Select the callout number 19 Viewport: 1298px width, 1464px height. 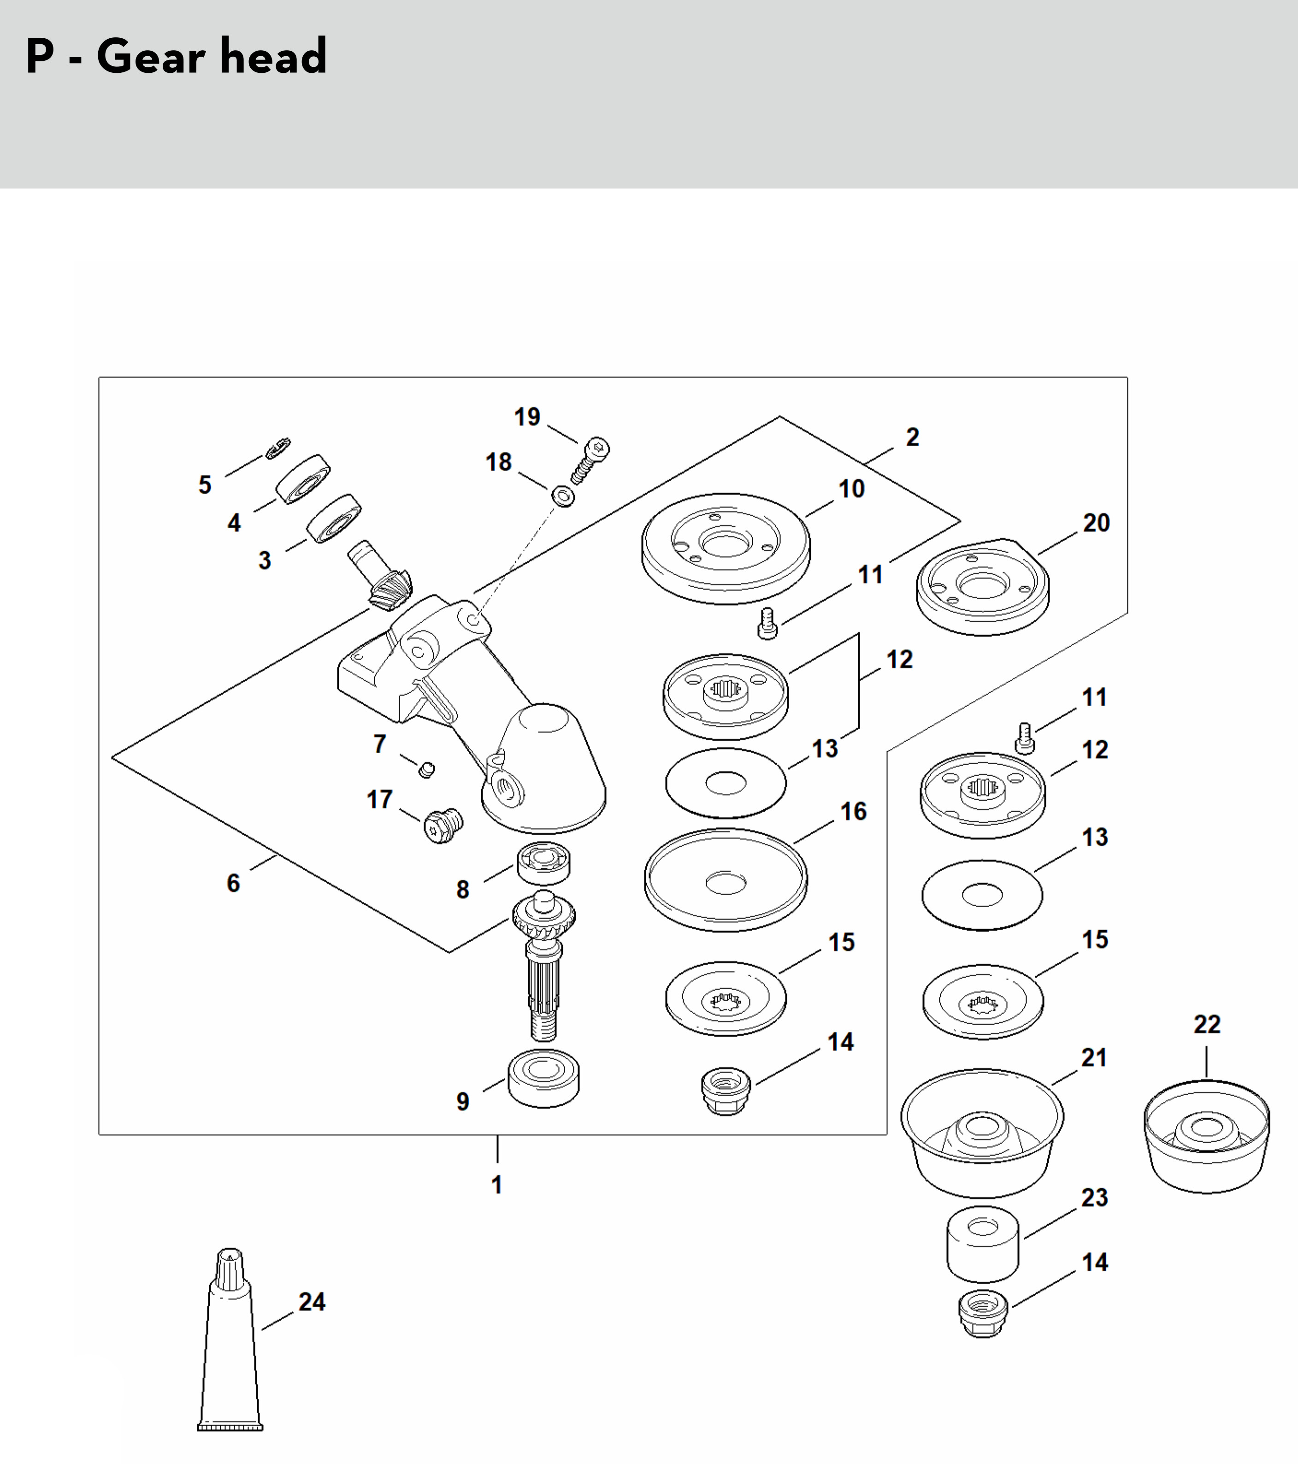[x=527, y=416]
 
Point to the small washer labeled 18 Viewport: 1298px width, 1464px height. [x=564, y=496]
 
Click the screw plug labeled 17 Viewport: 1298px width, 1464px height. [x=443, y=826]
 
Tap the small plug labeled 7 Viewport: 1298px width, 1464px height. [x=426, y=770]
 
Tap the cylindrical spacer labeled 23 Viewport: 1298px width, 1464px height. [x=983, y=1244]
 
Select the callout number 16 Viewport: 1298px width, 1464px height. [x=853, y=811]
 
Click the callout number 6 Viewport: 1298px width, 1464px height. [x=234, y=883]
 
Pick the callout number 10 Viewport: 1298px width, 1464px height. [x=852, y=489]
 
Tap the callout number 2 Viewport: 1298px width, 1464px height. [x=913, y=437]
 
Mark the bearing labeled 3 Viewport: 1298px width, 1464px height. [x=334, y=518]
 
